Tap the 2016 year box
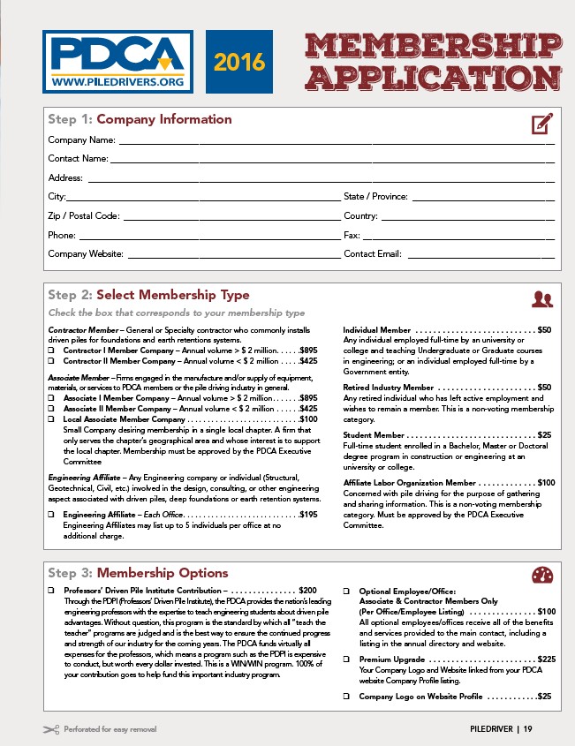(240, 64)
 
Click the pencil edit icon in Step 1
(541, 123)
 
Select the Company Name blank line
(336, 141)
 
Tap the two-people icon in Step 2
(541, 299)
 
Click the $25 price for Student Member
(544, 434)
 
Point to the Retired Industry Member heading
(388, 387)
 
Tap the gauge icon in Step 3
(541, 576)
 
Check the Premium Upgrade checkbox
(347, 659)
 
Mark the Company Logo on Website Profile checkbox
(347, 697)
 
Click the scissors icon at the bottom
(49, 729)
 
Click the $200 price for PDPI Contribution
(307, 590)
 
